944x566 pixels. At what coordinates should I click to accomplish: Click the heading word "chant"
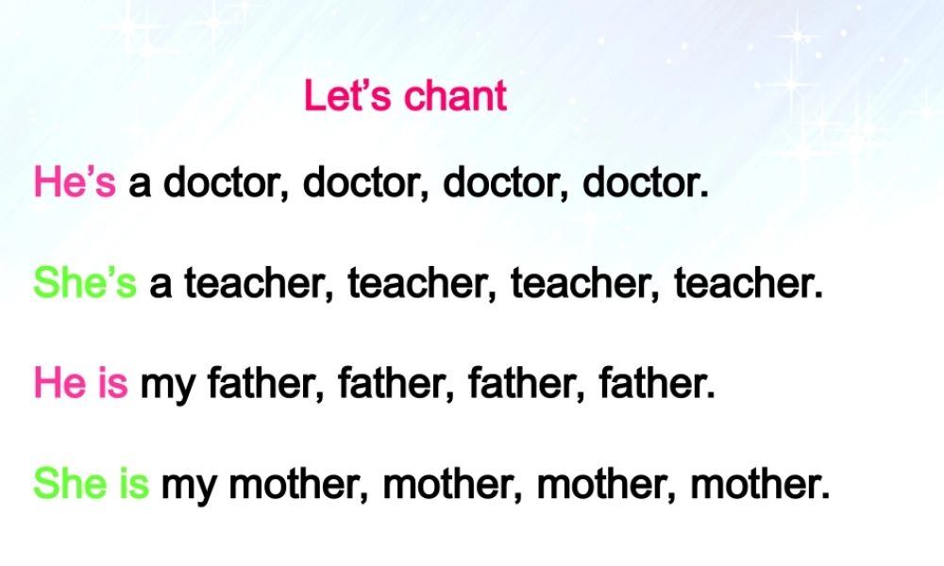click(x=456, y=96)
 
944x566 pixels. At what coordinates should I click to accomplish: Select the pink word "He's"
click(x=75, y=182)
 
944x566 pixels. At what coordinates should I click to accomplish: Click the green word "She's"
click(x=85, y=283)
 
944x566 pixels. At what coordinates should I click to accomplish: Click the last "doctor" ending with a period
click(x=646, y=182)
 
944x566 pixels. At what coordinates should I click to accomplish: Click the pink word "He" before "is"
click(x=59, y=384)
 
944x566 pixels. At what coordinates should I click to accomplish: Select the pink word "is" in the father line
click(x=111, y=384)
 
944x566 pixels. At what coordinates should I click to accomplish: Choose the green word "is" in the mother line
click(x=133, y=485)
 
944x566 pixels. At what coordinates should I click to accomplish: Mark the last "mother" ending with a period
click(x=761, y=485)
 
